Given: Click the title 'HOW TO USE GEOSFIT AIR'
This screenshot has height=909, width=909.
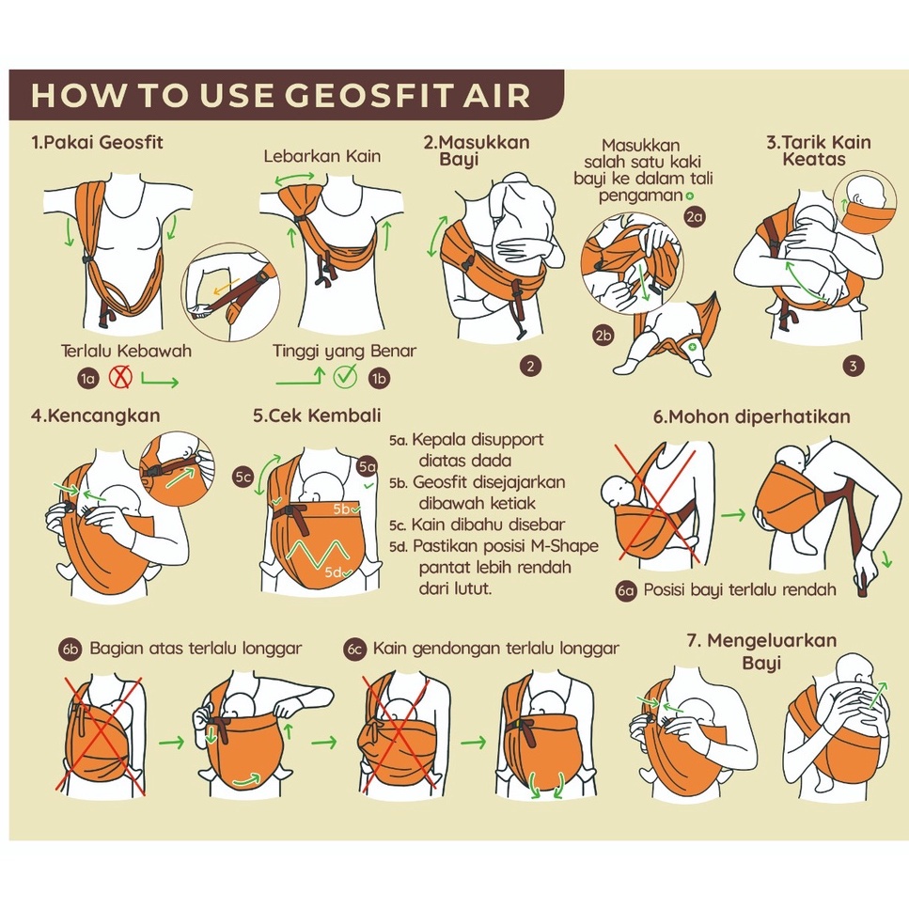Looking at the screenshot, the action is click(280, 95).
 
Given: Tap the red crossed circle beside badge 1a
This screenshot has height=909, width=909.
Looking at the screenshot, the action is click(120, 377).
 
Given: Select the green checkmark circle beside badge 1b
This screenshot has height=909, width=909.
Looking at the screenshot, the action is click(346, 377).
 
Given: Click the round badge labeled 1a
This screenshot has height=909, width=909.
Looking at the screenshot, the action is click(88, 379).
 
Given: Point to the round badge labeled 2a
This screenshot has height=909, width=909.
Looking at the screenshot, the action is click(695, 217).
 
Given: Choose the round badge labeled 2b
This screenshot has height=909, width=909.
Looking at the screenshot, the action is click(603, 335).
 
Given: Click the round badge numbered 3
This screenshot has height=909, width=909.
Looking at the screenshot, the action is click(853, 366).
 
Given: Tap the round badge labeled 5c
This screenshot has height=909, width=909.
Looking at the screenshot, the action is click(243, 478).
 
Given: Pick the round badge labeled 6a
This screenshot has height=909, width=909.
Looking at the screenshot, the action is click(626, 590).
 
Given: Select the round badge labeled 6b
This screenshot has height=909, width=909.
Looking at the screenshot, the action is click(71, 649).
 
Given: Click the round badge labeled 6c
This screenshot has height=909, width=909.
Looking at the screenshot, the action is click(354, 649).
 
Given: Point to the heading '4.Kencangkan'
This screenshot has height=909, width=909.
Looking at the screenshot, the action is click(95, 415).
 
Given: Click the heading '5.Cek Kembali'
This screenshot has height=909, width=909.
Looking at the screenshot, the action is click(317, 415).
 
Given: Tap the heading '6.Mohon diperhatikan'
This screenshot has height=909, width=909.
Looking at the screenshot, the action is click(751, 416).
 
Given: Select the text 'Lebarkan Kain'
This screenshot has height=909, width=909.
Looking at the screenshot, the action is click(322, 156).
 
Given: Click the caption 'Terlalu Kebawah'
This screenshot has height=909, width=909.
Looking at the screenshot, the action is click(126, 351).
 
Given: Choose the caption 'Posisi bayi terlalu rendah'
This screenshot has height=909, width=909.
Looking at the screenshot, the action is click(740, 590).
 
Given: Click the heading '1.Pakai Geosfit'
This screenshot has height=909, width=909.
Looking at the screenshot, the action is click(98, 142).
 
